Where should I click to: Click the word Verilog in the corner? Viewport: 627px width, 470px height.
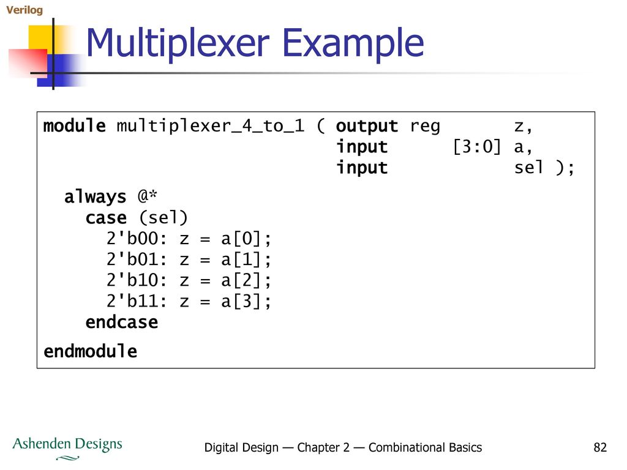pyautogui.click(x=24, y=10)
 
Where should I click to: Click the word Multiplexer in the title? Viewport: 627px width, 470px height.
pyautogui.click(x=178, y=43)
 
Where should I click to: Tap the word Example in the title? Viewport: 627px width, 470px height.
pyautogui.click(x=353, y=43)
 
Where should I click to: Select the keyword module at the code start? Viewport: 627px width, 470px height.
pyautogui.click(x=74, y=125)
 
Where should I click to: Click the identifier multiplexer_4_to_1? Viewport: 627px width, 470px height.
pyautogui.click(x=211, y=126)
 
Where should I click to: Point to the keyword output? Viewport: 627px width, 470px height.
pyautogui.click(x=367, y=127)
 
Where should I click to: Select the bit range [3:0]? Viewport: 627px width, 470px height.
pyautogui.click(x=476, y=147)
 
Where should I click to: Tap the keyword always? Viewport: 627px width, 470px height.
pyautogui.click(x=95, y=196)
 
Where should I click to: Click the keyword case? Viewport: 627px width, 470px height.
pyautogui.click(x=106, y=218)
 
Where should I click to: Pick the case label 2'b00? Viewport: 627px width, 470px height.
pyautogui.click(x=132, y=239)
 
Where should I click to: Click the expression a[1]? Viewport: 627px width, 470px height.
pyautogui.click(x=241, y=259)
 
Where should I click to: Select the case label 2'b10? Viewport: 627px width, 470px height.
pyautogui.click(x=132, y=280)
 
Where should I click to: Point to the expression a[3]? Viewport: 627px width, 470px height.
pyautogui.click(x=241, y=301)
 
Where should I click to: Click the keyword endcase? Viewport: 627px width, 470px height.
pyautogui.click(x=122, y=322)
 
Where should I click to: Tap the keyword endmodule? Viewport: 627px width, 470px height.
pyautogui.click(x=91, y=351)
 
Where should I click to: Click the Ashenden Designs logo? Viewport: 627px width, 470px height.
pyautogui.click(x=67, y=447)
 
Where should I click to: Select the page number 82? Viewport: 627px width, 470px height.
pyautogui.click(x=600, y=447)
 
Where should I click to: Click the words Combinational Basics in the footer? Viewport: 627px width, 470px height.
pyautogui.click(x=425, y=447)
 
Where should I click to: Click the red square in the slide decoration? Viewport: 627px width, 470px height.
pyautogui.click(x=27, y=63)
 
